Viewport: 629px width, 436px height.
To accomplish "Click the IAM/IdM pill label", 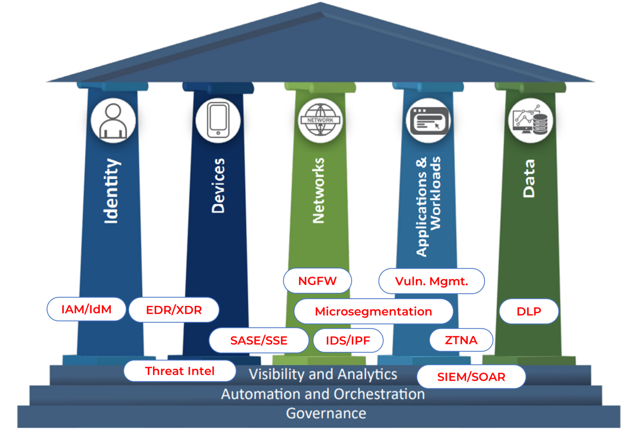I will [86, 309].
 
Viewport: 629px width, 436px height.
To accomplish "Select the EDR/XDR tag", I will [174, 310].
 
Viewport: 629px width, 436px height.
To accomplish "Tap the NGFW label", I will [317, 281].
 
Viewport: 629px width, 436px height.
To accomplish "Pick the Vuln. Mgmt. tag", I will [432, 282].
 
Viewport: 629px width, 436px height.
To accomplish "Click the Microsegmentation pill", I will [373, 311].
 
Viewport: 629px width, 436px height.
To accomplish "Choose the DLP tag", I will [529, 311].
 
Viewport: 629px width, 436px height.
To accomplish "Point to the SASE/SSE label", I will [259, 341].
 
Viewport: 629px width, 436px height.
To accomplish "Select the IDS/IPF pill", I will [348, 341].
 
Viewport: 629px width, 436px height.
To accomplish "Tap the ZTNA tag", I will [461, 340].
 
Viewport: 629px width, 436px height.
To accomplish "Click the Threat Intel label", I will [180, 371].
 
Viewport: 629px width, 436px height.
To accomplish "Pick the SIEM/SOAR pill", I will [471, 377].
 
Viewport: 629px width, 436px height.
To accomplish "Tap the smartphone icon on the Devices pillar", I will [218, 120].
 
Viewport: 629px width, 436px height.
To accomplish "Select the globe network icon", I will [320, 120].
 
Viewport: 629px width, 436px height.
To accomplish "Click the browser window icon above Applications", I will [428, 121].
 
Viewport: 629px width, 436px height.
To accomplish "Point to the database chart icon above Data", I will [531, 120].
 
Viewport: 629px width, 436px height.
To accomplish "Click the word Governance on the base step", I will [326, 413].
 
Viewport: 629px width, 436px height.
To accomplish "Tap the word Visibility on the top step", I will [276, 375].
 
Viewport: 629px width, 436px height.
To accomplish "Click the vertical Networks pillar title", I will [319, 191].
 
